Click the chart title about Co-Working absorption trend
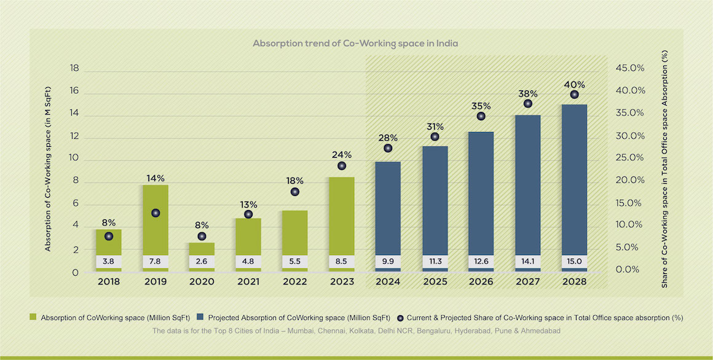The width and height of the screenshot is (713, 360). (x=355, y=44)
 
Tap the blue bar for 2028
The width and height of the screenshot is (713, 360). (x=574, y=178)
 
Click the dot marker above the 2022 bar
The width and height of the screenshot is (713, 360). (x=295, y=192)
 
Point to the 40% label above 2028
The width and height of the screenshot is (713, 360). (x=574, y=85)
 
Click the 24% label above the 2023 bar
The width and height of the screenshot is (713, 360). (x=341, y=155)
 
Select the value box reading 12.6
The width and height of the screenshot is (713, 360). (x=481, y=261)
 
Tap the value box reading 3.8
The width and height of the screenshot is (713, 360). (x=109, y=261)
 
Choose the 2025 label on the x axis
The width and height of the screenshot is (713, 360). (x=435, y=282)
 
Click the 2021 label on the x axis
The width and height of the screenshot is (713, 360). (x=248, y=282)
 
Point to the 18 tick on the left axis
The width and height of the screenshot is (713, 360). (x=74, y=68)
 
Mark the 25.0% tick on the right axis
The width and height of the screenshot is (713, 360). (x=630, y=158)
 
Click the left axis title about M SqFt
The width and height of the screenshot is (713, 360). (x=47, y=168)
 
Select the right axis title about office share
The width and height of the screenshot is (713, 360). (x=665, y=168)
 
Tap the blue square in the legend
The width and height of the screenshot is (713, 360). (x=200, y=318)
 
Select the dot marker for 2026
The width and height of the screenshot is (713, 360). (x=481, y=116)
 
